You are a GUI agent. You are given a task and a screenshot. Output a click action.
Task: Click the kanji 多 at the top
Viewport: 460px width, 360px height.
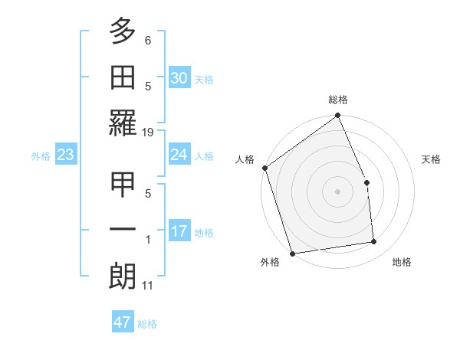123,33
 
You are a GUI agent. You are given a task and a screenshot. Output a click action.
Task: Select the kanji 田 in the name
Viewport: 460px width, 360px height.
123,77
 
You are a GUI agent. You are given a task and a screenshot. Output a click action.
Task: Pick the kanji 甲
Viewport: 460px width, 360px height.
123,185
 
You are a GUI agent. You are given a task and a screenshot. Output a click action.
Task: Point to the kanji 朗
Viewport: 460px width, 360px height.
123,277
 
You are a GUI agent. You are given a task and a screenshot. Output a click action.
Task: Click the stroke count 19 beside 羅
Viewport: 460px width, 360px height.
148,133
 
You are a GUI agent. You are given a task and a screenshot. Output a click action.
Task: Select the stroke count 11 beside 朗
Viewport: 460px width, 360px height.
148,286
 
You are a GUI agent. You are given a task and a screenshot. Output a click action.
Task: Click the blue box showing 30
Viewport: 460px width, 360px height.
179,77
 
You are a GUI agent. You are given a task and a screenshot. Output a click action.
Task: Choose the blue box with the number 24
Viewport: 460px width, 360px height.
179,155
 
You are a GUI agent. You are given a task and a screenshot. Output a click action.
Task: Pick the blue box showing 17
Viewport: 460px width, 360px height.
179,231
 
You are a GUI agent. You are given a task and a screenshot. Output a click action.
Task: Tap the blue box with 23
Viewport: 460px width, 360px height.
65,155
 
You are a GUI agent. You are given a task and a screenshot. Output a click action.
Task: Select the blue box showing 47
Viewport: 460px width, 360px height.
123,322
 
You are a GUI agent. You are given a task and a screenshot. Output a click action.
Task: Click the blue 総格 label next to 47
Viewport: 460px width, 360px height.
147,324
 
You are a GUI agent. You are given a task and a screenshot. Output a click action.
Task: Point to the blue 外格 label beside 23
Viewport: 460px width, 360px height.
41,156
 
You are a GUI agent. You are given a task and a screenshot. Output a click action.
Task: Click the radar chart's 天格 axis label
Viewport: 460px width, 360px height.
432,159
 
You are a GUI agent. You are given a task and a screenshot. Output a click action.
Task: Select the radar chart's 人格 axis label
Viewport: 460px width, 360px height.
245,159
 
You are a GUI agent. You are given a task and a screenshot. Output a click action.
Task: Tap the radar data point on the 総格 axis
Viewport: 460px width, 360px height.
338,116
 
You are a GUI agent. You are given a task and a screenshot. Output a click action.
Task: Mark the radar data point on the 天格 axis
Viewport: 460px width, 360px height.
366,182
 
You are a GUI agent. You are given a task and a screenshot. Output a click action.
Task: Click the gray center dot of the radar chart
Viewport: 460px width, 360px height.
337,191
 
